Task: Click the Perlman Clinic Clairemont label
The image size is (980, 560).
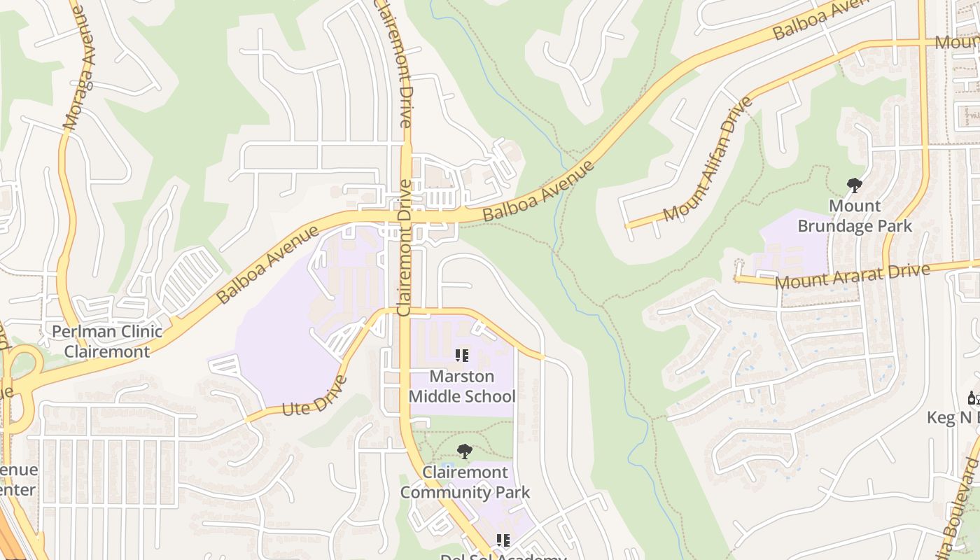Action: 107,342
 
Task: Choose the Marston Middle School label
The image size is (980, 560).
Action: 462,386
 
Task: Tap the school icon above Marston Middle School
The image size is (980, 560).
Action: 462,356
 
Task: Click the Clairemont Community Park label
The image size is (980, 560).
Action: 465,482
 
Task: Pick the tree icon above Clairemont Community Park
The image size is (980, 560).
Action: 464,451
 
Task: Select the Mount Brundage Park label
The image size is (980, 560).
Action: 855,216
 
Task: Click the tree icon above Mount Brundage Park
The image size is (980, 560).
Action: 854,185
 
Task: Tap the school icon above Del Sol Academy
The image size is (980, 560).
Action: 503,540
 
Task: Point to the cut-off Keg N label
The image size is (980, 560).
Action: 952,418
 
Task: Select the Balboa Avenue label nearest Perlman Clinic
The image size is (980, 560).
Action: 267,265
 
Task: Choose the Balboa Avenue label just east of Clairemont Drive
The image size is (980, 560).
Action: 538,192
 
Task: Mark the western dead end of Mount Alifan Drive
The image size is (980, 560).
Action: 627,226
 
